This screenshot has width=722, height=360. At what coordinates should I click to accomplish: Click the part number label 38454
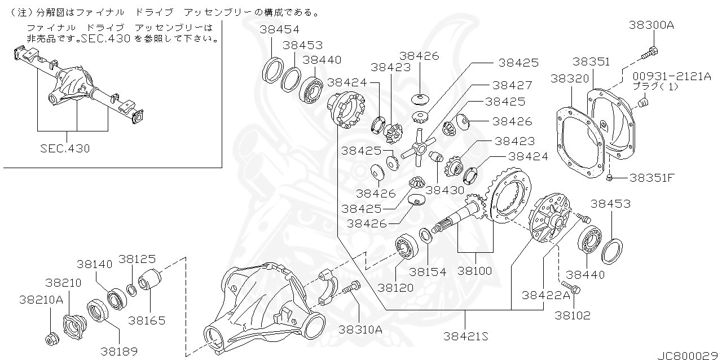(x=280, y=29)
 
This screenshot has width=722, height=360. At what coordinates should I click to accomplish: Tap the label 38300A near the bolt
(x=651, y=25)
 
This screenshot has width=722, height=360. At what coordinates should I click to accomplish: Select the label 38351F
(x=652, y=178)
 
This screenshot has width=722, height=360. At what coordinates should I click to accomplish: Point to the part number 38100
(x=474, y=271)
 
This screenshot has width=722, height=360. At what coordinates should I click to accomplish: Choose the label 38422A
(x=545, y=295)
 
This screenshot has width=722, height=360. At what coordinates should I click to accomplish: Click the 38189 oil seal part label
(x=119, y=351)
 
